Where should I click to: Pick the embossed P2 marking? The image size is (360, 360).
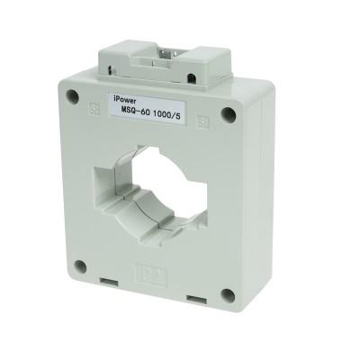tap(144, 270)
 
